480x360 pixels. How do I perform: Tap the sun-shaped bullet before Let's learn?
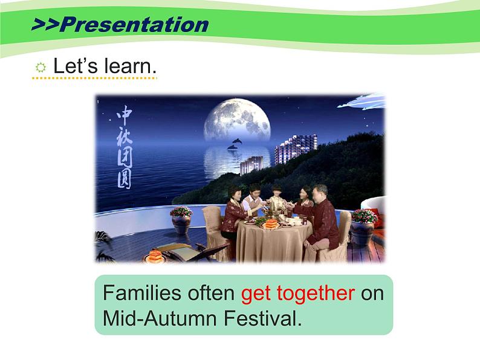click(41, 68)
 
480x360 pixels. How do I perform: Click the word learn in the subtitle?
click(131, 67)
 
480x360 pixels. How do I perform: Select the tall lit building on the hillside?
click(296, 148)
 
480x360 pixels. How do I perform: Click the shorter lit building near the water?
click(251, 164)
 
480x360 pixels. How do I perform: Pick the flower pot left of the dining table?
click(181, 220)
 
